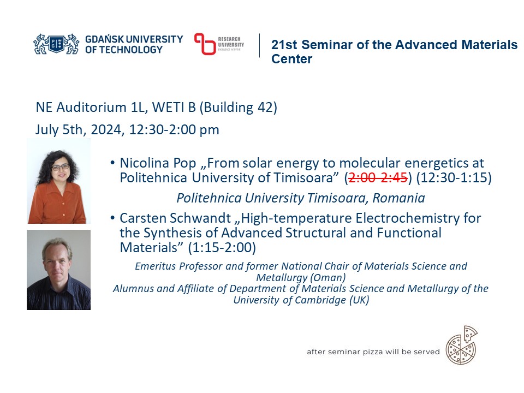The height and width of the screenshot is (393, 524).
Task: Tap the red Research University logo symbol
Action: click(205, 44)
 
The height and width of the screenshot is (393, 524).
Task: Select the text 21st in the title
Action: click(284, 45)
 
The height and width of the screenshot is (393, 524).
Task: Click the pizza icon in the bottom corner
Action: click(462, 345)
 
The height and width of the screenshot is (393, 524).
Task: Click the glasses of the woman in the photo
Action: click(60, 166)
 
